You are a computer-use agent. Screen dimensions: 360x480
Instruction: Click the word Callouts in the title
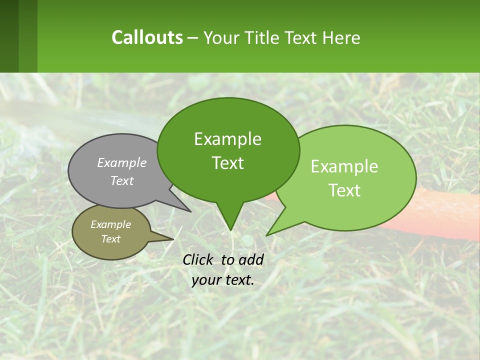(x=147, y=37)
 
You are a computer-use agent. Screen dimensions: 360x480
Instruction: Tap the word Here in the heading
(x=342, y=37)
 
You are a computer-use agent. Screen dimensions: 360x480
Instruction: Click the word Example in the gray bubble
(x=121, y=162)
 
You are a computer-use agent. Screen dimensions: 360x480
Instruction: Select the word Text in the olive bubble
(x=110, y=239)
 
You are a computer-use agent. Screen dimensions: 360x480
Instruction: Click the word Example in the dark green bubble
(x=227, y=139)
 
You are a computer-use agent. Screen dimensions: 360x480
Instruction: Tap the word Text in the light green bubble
(x=345, y=190)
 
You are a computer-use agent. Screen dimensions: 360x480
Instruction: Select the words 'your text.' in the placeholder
(x=223, y=280)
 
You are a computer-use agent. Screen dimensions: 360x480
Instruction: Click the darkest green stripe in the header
(x=9, y=36)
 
